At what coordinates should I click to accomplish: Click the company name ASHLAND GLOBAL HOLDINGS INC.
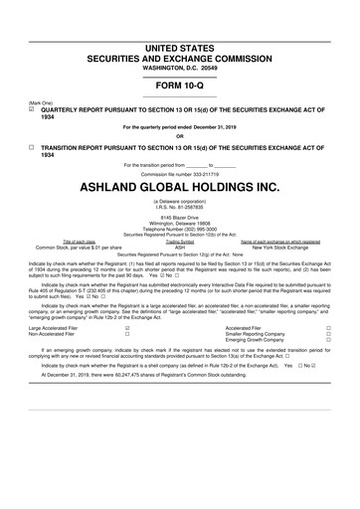click(x=179, y=187)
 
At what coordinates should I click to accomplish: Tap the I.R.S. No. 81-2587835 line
click(x=180, y=206)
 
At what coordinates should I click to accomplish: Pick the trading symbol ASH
click(x=180, y=246)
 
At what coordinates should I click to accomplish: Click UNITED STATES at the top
click(x=179, y=48)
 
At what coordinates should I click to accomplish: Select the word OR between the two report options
click(x=180, y=136)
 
